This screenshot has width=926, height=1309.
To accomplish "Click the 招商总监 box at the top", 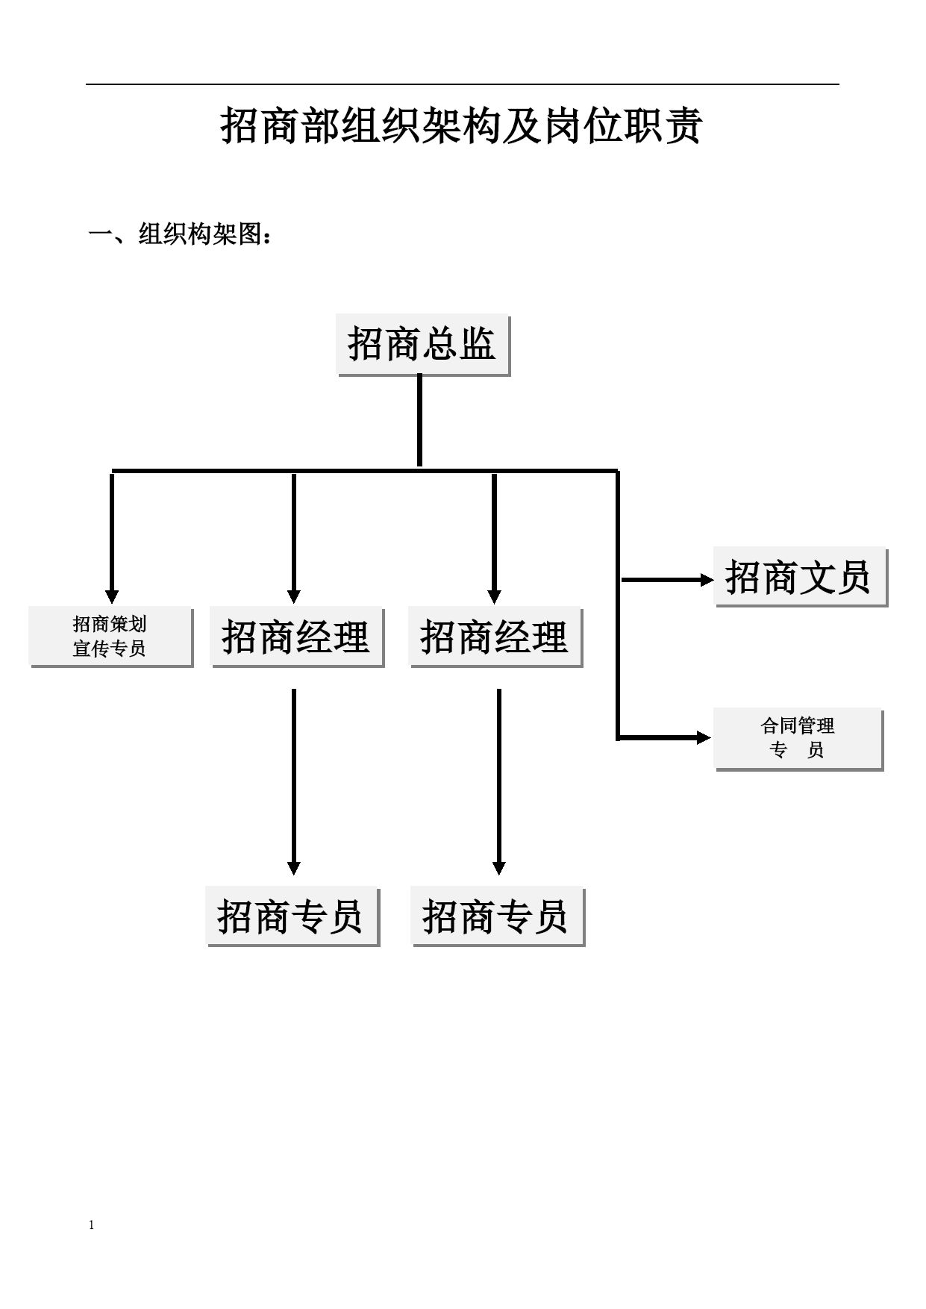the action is pos(423,345).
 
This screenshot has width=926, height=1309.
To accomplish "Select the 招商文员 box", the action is pos(800,576).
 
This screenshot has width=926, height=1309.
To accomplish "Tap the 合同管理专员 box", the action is pos(798,739).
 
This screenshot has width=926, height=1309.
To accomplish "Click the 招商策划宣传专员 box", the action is pos(110,637).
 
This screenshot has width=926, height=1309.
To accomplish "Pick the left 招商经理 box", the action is pos(296,637).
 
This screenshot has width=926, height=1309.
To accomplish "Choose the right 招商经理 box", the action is pos(495,637).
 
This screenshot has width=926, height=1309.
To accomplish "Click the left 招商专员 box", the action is pos(292,916).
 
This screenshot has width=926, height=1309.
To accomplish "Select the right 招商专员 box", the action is pos(497,916).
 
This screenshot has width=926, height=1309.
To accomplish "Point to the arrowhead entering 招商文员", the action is pos(707,580).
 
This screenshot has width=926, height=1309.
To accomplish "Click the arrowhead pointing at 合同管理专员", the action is pos(704,738).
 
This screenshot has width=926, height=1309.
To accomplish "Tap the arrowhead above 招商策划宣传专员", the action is pos(112,596).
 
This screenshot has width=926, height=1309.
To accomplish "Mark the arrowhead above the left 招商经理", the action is pos(294,596).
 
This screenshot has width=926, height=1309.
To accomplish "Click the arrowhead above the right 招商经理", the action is pos(494,596).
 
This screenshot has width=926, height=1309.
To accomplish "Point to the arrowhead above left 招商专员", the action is pos(294,868).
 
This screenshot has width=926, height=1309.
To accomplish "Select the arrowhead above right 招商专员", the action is pos(499,868).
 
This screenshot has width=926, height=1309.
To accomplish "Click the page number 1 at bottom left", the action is pos(92,1225).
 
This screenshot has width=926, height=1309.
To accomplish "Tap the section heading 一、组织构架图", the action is pos(180,235).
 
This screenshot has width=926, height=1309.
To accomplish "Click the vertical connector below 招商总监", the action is pos(419,420).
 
